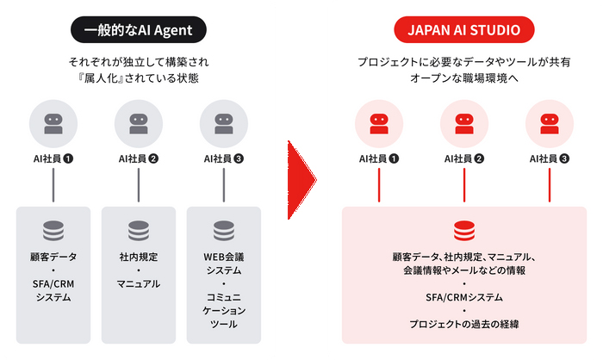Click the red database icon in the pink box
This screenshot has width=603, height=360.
[x=463, y=231]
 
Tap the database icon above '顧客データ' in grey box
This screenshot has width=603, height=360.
[x=53, y=231]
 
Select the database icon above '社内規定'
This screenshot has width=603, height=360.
[x=139, y=231]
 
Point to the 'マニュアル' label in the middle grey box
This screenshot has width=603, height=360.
[x=139, y=283]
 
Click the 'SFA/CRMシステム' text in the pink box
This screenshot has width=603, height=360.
[x=463, y=297]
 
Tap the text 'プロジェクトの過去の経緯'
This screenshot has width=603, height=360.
[x=463, y=324]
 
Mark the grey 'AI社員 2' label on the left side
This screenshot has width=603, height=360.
[x=139, y=158]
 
